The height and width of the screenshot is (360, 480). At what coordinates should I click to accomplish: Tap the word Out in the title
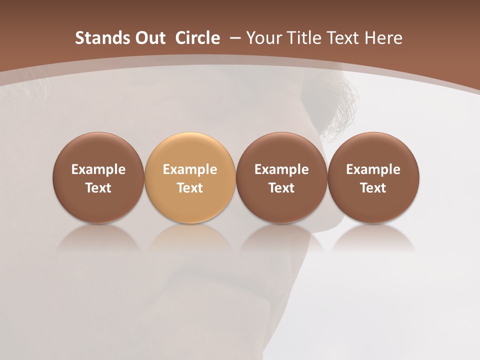point(144,38)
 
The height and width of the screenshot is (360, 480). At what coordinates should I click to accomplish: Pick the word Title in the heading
point(302,38)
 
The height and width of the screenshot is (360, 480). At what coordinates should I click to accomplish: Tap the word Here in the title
point(384,38)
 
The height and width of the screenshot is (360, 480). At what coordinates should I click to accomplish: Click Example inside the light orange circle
point(190,169)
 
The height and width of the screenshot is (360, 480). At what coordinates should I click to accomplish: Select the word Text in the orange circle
point(190,188)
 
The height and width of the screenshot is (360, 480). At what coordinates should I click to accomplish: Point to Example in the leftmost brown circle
point(98,169)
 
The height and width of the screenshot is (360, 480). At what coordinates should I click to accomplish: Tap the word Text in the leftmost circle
point(98,188)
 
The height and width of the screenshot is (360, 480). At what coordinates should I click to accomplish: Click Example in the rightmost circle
point(373,169)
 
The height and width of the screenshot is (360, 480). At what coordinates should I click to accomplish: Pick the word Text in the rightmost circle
point(373,188)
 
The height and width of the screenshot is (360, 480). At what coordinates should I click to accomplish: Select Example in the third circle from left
point(281,169)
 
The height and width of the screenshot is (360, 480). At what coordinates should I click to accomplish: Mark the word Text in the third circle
point(281,188)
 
